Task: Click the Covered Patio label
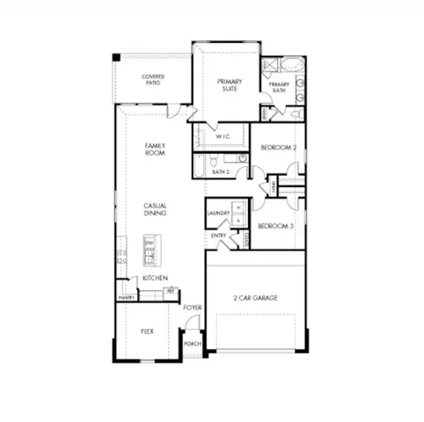[x=153, y=80]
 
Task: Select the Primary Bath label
[x=280, y=87]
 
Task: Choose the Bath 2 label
[x=220, y=171]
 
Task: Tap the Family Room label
[x=155, y=149]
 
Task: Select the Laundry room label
[x=218, y=213]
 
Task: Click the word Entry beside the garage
[x=218, y=236]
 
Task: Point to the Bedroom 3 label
[x=275, y=227]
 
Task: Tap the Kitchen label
[x=155, y=279]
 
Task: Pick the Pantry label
[x=126, y=298]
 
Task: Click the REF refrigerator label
[x=171, y=290]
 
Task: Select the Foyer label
[x=193, y=308]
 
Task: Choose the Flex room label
[x=148, y=332]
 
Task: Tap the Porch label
[x=192, y=344]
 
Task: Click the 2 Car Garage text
[x=256, y=299]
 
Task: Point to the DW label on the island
[x=150, y=244]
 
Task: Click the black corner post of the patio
[x=116, y=58]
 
